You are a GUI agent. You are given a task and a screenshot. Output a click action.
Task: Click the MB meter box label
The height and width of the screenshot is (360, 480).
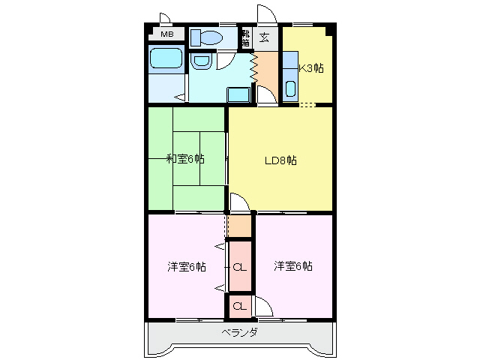tap(166, 34)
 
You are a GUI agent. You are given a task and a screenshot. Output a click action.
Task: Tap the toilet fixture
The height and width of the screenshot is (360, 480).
tap(206, 37)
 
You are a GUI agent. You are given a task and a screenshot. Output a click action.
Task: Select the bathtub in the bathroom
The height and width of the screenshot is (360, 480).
tap(166, 60)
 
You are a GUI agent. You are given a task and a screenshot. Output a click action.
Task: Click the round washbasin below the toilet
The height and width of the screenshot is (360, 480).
tap(201, 61)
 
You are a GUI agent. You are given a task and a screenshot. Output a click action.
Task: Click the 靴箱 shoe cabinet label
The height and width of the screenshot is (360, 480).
tap(245, 37)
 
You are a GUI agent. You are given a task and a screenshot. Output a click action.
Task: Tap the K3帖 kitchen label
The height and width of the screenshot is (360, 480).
tap(311, 68)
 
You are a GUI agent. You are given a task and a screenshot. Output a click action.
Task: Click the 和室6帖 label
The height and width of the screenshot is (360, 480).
tap(185, 158)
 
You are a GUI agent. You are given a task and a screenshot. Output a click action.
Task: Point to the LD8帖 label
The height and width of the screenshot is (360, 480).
tap(280, 160)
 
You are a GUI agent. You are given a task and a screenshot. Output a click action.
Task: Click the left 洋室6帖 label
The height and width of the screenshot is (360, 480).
tap(187, 266)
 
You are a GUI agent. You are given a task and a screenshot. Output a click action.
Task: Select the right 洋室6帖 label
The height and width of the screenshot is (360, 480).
tap(293, 266)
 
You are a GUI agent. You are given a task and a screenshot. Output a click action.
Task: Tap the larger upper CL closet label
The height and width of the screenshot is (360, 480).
tap(239, 267)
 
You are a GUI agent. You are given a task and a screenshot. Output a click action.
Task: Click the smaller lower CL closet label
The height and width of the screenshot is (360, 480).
tap(238, 305)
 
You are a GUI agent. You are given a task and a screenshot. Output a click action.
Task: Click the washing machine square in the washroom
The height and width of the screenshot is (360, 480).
tap(238, 94)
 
